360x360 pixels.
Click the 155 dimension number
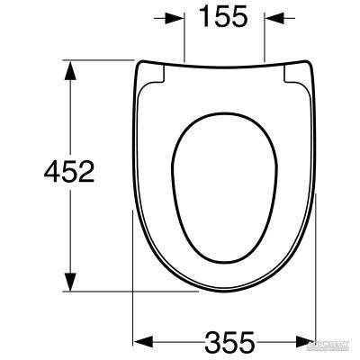point(223,19)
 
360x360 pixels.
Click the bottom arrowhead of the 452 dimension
point(68,282)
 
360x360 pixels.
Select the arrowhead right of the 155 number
point(273,17)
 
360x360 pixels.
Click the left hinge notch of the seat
point(155,76)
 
